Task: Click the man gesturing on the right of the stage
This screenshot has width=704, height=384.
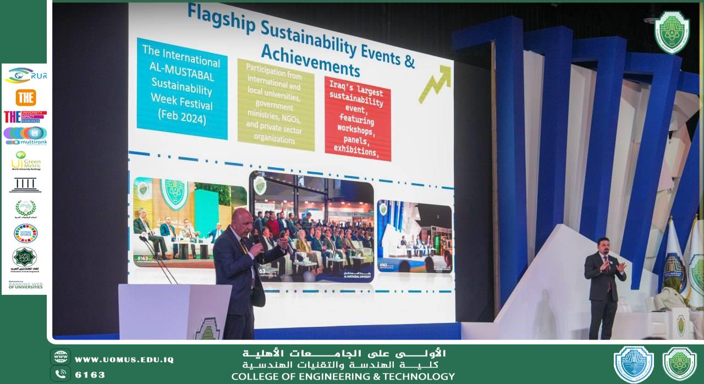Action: [x=604, y=286]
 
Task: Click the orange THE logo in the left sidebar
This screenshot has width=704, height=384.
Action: [x=25, y=97]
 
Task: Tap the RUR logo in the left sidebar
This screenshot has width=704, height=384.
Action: [x=25, y=75]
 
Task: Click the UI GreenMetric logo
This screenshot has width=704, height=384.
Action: [x=25, y=161]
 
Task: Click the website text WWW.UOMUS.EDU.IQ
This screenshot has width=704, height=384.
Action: [x=124, y=360]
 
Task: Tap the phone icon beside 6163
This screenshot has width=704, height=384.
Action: [x=60, y=374]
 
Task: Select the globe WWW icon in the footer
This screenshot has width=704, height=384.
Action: [x=60, y=357]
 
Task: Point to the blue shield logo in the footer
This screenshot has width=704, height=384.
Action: [x=633, y=364]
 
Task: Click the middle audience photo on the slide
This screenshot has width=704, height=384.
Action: [x=312, y=227]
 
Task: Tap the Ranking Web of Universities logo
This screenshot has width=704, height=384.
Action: [x=25, y=285]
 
